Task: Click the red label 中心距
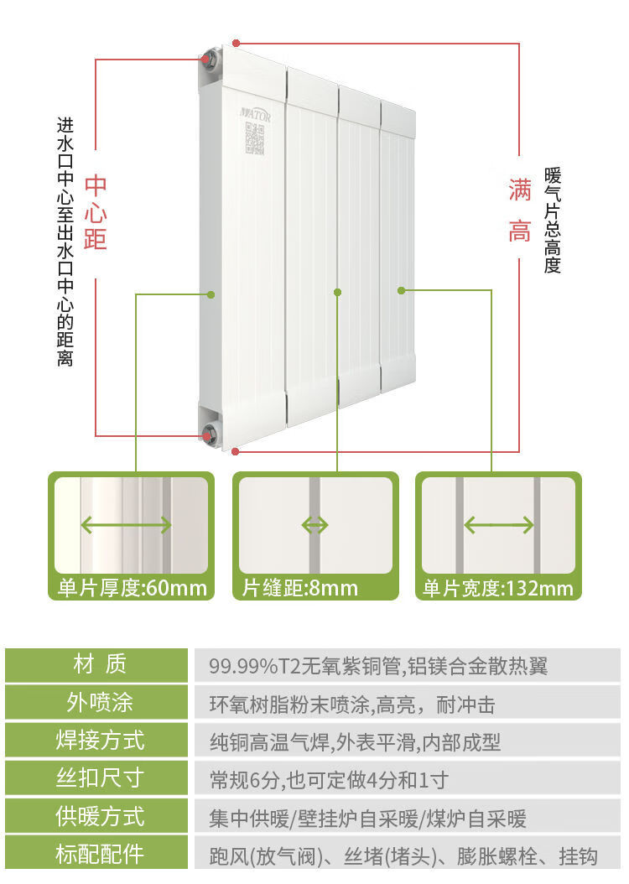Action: tap(96, 212)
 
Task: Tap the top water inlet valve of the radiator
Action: tap(206, 60)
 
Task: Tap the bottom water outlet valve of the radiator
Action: tap(209, 434)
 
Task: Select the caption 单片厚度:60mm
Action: tap(132, 588)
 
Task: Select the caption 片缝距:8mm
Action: tap(300, 588)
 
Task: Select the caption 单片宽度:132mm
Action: tap(498, 588)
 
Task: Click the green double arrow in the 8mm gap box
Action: tap(314, 526)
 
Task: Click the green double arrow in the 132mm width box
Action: tap(499, 526)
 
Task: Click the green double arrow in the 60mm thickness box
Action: tap(126, 526)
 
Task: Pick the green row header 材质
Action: tap(100, 665)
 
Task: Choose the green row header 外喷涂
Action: tap(100, 703)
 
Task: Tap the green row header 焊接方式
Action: tap(100, 741)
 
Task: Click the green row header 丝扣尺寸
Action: tap(100, 779)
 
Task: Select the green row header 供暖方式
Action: tap(100, 817)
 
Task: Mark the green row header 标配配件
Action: tap(100, 855)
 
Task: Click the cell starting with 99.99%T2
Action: tap(378, 666)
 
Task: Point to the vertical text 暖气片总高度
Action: tap(552, 220)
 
